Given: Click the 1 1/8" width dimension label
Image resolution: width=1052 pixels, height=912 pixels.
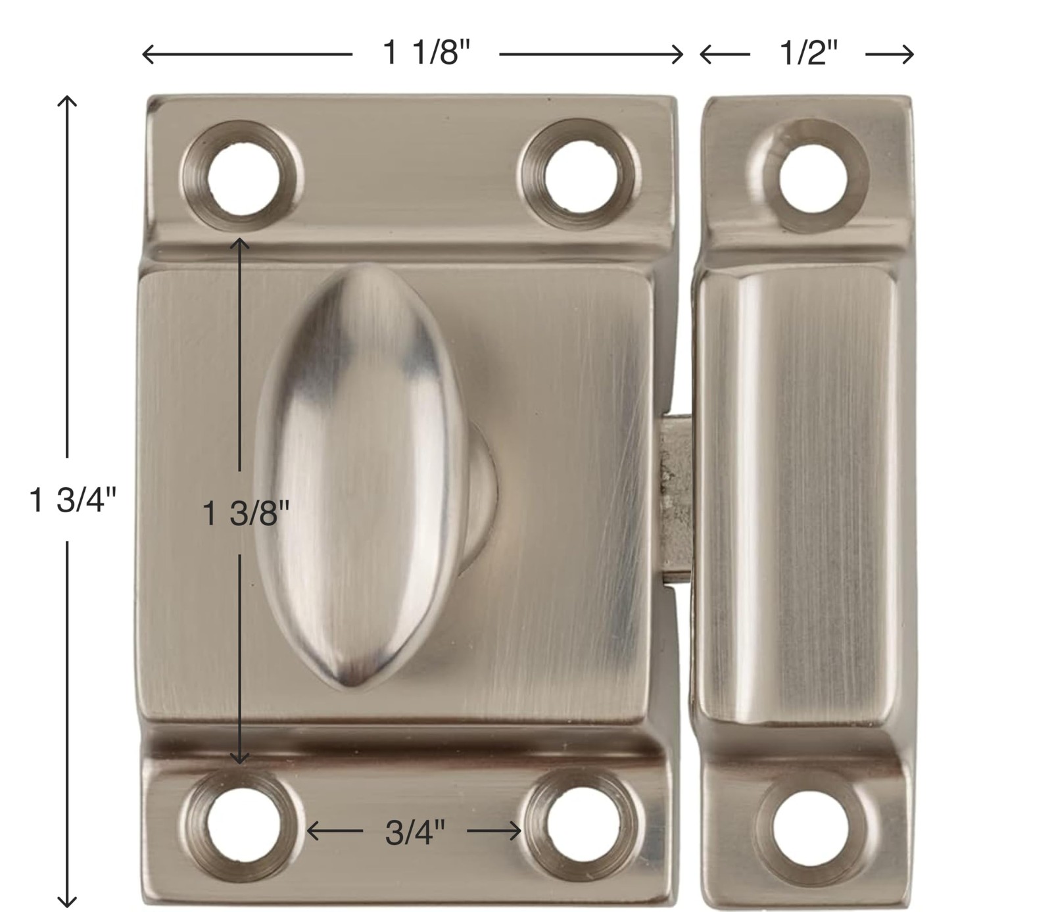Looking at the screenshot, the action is (x=427, y=52).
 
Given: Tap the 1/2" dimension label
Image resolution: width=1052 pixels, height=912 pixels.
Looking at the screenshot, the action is (x=809, y=52).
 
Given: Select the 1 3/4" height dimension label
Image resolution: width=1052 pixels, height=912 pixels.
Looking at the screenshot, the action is (x=72, y=500).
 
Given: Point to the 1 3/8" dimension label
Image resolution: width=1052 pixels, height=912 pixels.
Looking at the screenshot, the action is (x=246, y=513).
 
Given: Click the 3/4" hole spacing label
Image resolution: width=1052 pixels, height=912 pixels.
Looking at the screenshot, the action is (x=415, y=832).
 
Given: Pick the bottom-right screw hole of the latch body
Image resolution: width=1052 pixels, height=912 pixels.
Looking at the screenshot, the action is (x=581, y=825).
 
